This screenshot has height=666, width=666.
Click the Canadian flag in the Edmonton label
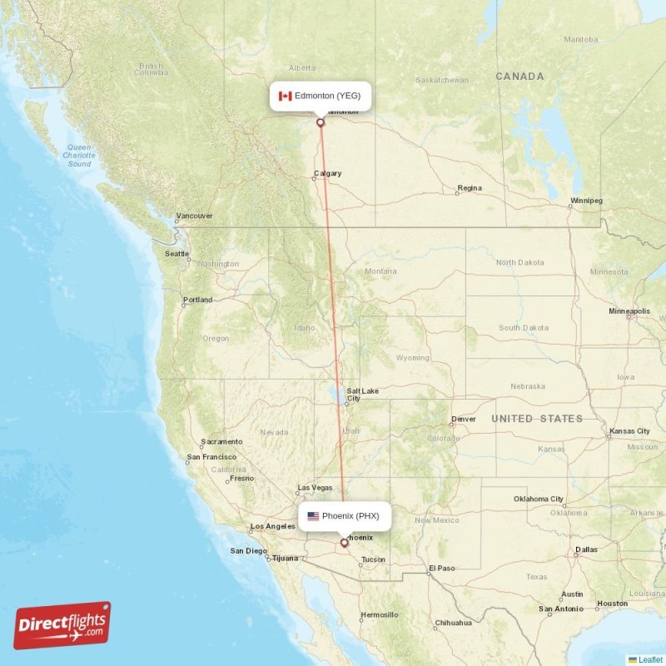coord(285,96)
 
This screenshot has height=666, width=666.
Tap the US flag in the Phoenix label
coord(313,516)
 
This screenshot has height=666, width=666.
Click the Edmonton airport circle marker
coord(320,122)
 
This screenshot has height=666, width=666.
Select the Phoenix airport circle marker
coord(344,543)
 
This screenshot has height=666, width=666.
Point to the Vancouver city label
coord(194,216)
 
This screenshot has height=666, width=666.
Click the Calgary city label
coord(327,174)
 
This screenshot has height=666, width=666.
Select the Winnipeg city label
coord(586,201)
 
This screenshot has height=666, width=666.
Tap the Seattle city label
coord(176,254)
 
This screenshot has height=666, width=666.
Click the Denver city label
coord(463,419)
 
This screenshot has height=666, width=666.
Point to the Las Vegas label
coord(315,487)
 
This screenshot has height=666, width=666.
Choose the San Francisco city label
coord(211,456)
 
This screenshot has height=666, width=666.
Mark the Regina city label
coord(470,188)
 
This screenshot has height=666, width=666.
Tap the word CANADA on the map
coord(519,77)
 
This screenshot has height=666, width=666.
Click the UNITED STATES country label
coord(537,418)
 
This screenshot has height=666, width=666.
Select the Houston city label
coord(612,604)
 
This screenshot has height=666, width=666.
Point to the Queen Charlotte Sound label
coord(79,156)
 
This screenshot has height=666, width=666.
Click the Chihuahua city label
coord(454,623)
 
